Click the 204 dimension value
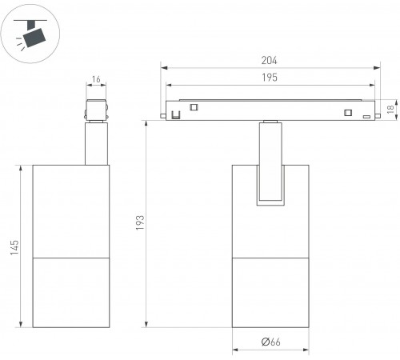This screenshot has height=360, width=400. click(x=269, y=60)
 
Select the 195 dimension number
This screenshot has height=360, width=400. click(x=270, y=78)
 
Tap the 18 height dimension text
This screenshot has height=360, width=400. click(x=390, y=109)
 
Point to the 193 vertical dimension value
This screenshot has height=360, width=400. click(x=140, y=222)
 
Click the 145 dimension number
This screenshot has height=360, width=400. click(x=14, y=247)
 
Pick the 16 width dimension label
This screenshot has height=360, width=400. click(x=96, y=79)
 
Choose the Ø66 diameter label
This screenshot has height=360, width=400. click(x=270, y=342)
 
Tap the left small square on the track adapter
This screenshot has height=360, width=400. click(x=194, y=107)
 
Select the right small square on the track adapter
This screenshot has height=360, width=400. click(x=348, y=113)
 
